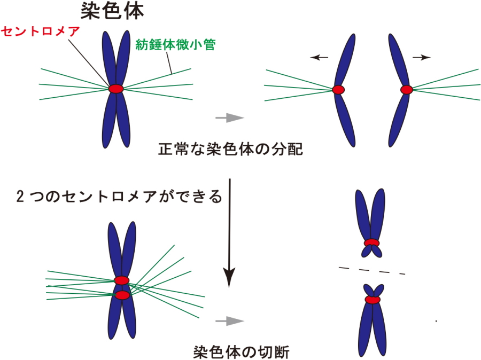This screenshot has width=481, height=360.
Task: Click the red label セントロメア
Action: point(40,32)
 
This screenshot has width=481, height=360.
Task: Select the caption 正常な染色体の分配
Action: point(230,149)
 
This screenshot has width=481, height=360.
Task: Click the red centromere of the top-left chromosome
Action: point(116,89)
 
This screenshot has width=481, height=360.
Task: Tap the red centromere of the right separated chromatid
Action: point(407,90)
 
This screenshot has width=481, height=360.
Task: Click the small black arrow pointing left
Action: point(320,58)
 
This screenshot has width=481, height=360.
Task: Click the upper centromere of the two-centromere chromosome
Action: point(122,280)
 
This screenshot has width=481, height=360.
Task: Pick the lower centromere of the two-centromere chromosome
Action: point(123,295)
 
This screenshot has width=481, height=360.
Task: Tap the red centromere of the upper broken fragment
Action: point(371,244)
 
